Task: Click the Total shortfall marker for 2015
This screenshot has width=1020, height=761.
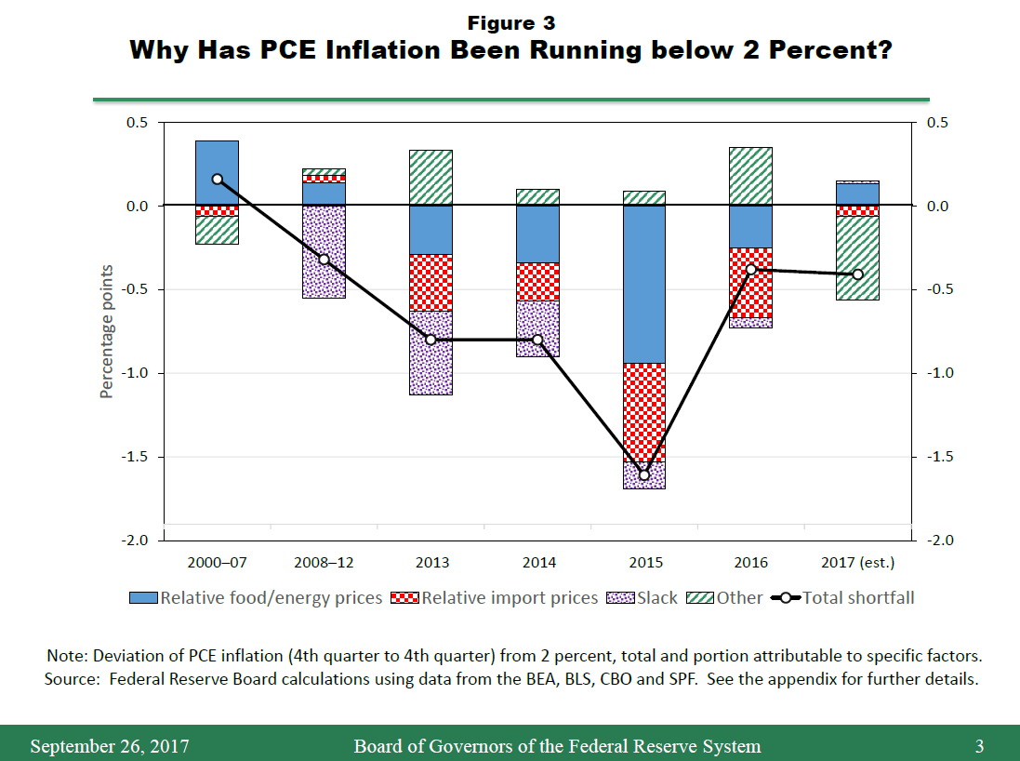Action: [643, 475]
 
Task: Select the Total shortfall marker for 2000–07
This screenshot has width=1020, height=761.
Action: [218, 179]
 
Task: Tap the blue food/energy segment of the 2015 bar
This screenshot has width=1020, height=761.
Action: [643, 284]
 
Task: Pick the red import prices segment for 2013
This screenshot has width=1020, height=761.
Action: [431, 282]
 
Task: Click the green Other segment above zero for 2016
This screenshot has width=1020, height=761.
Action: [750, 176]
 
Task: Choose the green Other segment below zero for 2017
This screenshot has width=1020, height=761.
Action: [857, 258]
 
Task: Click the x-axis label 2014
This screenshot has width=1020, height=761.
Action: [538, 563]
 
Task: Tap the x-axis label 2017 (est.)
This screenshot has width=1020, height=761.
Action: [857, 563]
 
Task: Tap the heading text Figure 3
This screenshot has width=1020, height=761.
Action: [510, 22]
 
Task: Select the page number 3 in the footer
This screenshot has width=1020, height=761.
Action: [979, 746]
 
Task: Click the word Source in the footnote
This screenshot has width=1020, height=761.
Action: [71, 679]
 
